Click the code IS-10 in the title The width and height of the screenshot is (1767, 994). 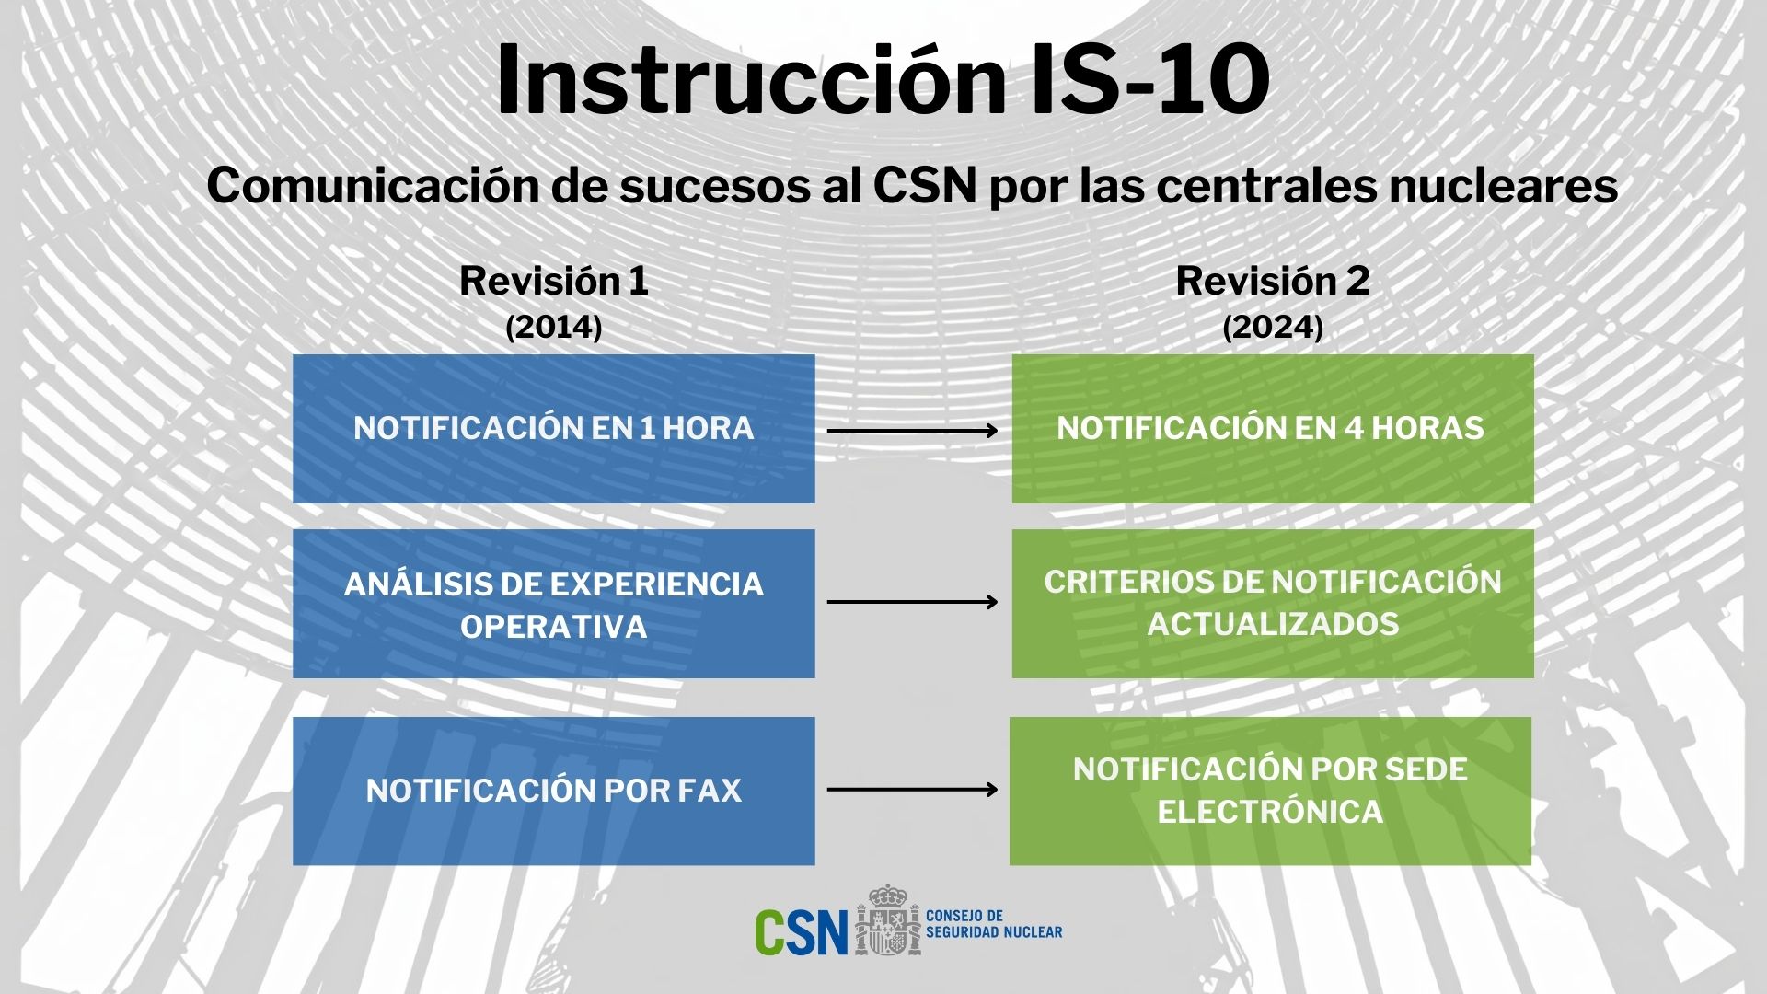pyautogui.click(x=1149, y=80)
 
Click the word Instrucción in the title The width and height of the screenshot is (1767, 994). pyautogui.click(x=750, y=80)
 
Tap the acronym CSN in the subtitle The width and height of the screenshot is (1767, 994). pyautogui.click(x=923, y=187)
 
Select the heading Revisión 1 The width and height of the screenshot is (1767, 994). pyautogui.click(x=554, y=282)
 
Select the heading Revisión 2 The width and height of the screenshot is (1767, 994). pyautogui.click(x=1273, y=282)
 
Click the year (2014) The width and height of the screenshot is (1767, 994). pyautogui.click(x=554, y=328)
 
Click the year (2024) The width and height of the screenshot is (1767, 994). pyautogui.click(x=1273, y=328)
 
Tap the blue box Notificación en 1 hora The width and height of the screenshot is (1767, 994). pyautogui.click(x=554, y=429)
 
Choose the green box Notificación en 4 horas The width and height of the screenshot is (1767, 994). pyautogui.click(x=1273, y=429)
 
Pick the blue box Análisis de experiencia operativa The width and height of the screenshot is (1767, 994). pyautogui.click(x=554, y=604)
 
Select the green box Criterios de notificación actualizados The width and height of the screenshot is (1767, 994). pyautogui.click(x=1273, y=604)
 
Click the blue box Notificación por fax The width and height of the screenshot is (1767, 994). pyautogui.click(x=554, y=791)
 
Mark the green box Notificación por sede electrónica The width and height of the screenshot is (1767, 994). pyautogui.click(x=1270, y=791)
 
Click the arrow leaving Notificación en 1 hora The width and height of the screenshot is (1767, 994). pyautogui.click(x=912, y=430)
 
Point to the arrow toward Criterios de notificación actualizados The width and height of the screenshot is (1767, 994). pyautogui.click(x=912, y=602)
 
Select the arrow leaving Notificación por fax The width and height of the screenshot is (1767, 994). pyautogui.click(x=912, y=789)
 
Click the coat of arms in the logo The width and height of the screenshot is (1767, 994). pyautogui.click(x=887, y=921)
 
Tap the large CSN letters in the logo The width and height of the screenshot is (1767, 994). pyautogui.click(x=801, y=932)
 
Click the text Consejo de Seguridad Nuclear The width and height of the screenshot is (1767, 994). pyautogui.click(x=993, y=924)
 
